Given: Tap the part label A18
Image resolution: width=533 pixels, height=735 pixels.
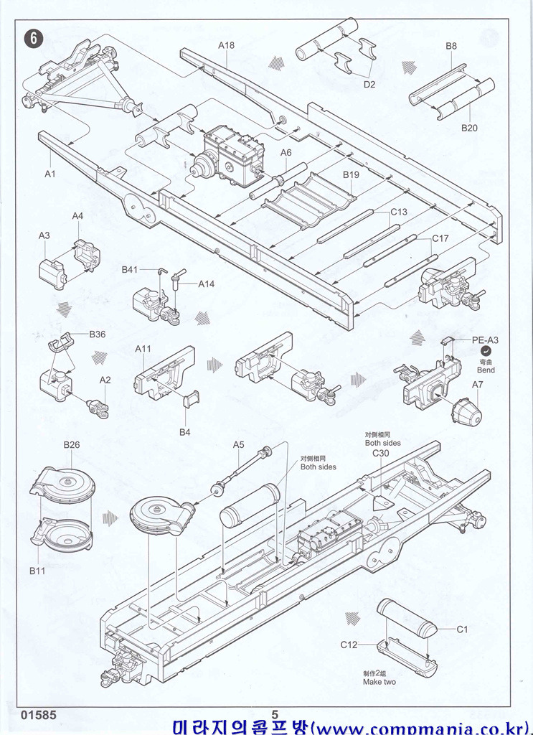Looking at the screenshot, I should click(226, 45).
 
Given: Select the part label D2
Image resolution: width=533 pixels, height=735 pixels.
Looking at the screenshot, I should click(369, 84).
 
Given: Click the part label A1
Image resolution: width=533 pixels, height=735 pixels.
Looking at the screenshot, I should click(50, 174).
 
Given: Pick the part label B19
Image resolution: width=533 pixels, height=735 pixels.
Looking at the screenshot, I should click(351, 175).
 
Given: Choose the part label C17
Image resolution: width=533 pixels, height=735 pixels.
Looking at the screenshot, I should click(440, 239).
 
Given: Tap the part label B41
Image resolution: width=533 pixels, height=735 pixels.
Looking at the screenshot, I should click(129, 269).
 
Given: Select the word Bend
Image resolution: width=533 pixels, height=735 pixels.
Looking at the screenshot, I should click(486, 369).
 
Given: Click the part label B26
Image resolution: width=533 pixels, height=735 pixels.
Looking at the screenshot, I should click(72, 445).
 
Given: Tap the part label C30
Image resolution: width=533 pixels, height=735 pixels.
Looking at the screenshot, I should click(380, 454).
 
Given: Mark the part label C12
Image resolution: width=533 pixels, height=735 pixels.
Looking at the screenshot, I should click(349, 645).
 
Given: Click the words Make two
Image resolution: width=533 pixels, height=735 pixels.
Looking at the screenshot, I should click(379, 682).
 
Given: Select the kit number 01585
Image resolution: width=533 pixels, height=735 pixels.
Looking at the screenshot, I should click(39, 716).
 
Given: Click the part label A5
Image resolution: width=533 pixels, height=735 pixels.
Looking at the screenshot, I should click(239, 444).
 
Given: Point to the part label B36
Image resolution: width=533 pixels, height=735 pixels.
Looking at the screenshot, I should click(98, 334).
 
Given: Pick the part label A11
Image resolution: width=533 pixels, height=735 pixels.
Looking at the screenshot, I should click(143, 349).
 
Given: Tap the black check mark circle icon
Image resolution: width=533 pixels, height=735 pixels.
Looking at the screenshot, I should click(486, 351).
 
